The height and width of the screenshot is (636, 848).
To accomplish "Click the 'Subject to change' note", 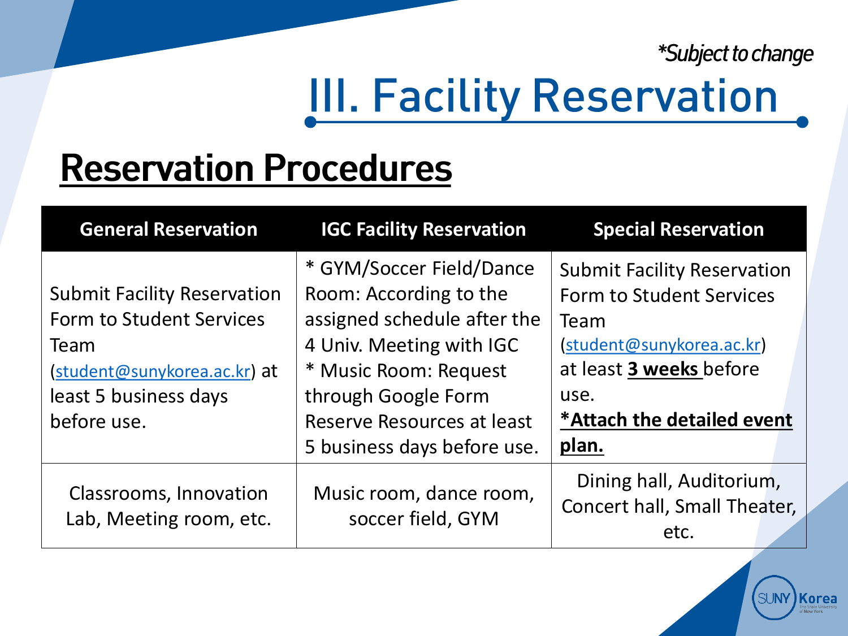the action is pos(735,54).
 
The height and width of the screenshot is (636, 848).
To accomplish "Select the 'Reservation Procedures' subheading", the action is pos(256,168).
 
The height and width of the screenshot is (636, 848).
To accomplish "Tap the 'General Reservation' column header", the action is pos(169,229).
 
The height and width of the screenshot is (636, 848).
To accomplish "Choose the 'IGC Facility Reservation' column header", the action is pos(423,229).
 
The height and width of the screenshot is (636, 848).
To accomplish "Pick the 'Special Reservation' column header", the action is pos(679,229).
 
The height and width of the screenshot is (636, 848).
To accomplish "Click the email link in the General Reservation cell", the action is pos(153,371).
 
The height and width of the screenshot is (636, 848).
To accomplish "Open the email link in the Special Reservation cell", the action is pos(663,345).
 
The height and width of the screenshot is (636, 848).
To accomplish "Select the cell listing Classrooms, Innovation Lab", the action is pos(169,505).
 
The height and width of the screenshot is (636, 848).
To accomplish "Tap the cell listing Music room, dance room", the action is pos(424,505).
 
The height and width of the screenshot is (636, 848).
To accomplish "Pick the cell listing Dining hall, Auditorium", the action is pos(679,505).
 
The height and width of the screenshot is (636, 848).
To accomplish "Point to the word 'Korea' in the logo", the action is pos(818,599).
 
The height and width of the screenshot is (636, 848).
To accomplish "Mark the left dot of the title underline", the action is pos(310,122).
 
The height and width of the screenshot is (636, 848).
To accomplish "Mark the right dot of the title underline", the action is pos(802,122).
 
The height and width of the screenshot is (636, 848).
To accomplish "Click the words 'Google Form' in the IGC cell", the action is pos(434,396).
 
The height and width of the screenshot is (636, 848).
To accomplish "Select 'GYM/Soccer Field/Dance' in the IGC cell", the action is pos(427,269).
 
